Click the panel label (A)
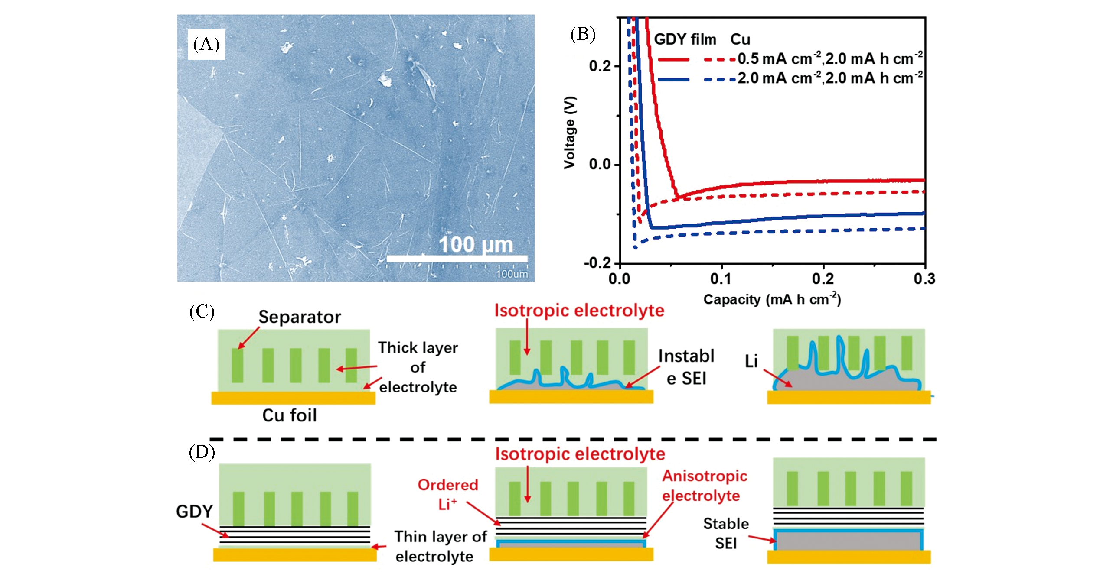click(206, 44)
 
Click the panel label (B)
click(582, 34)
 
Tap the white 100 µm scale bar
click(457, 259)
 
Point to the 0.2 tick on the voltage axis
click(600, 66)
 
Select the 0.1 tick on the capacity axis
click(721, 279)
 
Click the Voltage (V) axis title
click(570, 132)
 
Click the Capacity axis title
click(772, 300)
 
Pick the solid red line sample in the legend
click(673, 59)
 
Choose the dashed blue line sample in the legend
click(720, 79)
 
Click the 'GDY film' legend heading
click(685, 39)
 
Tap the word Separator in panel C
click(300, 317)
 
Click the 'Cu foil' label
click(289, 415)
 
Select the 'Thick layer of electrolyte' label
click(418, 367)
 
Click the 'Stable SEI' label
click(726, 533)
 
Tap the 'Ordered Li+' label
click(447, 494)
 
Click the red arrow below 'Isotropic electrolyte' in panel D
click(527, 484)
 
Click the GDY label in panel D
click(194, 512)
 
